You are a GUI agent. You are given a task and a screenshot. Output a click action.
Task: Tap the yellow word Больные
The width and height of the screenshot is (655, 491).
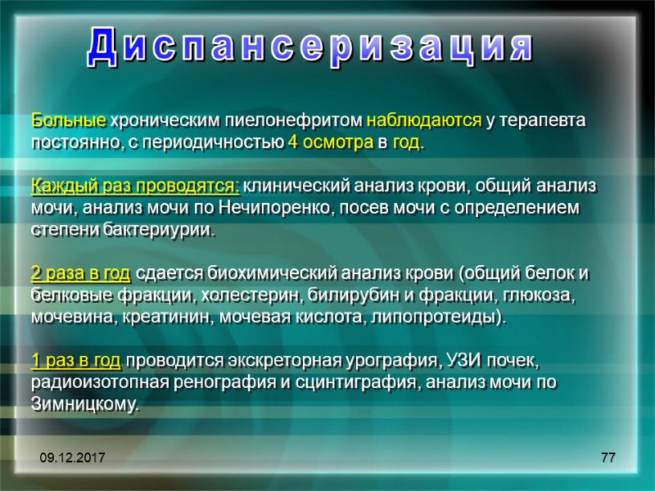coord(69,121)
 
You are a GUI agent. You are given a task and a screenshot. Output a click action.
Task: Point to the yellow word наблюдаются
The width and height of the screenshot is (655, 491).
coord(423,121)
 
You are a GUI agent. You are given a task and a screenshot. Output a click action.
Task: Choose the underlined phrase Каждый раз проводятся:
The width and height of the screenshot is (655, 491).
coord(136,186)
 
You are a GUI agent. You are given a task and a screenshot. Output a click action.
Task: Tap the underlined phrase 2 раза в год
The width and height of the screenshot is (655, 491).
coord(80,273)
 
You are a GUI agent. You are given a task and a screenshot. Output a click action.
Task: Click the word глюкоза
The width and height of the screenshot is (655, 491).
coord(545,295)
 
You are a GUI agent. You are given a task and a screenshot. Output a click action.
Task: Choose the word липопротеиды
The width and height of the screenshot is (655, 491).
coord(441,317)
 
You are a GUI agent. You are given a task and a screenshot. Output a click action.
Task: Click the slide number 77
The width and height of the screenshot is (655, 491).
coord(608,458)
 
